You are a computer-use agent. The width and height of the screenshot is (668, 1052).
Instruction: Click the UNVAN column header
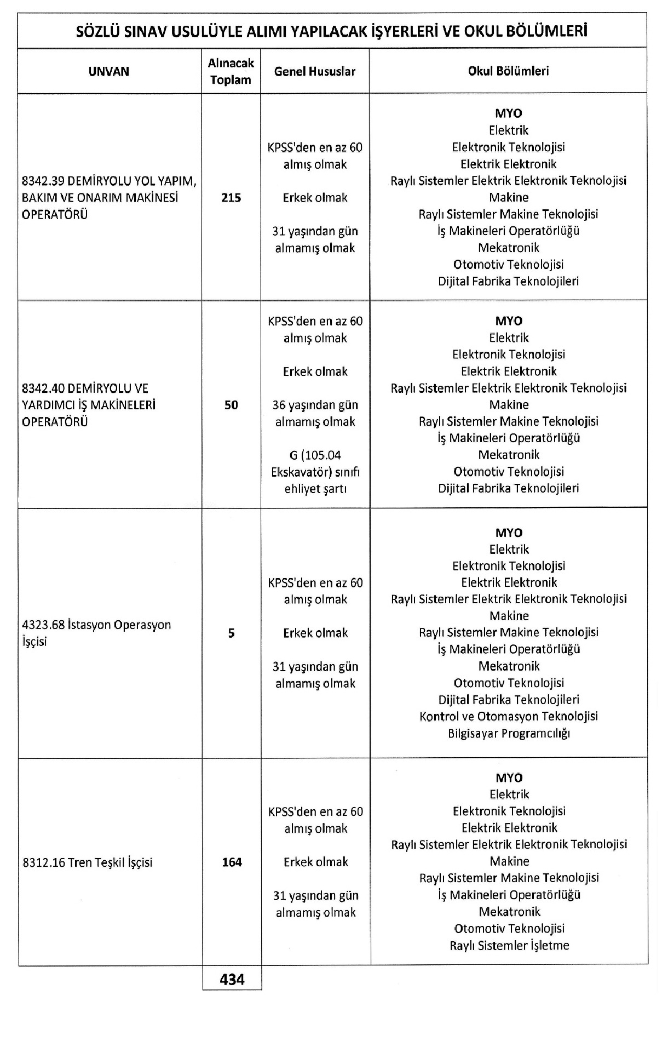pos(109,71)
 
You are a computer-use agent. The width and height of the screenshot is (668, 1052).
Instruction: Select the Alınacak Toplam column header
pos(231,71)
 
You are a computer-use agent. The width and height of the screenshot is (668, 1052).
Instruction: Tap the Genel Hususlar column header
pos(315,71)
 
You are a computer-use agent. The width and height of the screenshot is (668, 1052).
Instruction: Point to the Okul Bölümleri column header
pos(508,71)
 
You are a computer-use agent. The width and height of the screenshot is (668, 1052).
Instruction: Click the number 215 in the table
pos(231,198)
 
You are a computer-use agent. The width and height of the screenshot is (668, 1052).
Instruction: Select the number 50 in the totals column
pos(231,405)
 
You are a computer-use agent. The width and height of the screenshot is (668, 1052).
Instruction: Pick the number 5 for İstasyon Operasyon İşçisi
pos(231,633)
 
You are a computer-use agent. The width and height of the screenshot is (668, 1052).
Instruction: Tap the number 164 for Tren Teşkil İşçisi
pos(232,862)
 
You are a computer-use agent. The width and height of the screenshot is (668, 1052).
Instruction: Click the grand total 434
pos(232,979)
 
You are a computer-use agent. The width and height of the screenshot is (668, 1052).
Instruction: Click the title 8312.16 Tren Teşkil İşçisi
pos(88,862)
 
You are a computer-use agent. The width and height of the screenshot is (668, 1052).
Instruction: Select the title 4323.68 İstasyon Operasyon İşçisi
pos(96,633)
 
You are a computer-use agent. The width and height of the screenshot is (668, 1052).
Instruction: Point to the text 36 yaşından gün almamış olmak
pos(315,413)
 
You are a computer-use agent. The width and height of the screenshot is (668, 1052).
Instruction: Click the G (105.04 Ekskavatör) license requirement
pos(315,472)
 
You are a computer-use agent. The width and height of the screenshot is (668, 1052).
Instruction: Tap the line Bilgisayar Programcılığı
pos(509,733)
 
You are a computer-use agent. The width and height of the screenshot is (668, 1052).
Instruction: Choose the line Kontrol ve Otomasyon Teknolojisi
pos(509,716)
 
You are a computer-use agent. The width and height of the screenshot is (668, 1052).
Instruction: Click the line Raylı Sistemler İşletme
pos(509,945)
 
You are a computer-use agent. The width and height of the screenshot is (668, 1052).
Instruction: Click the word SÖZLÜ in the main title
pos(98,31)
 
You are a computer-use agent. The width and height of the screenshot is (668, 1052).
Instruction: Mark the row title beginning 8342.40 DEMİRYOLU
pos(88,405)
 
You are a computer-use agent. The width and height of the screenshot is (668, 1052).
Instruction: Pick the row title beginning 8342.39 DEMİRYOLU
pos(108,198)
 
